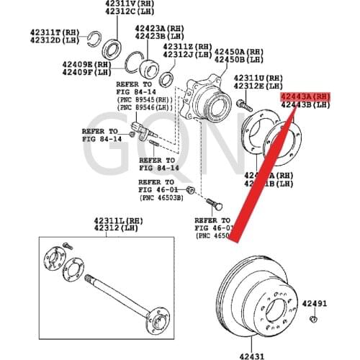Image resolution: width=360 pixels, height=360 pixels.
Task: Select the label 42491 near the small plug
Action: pos(315,305)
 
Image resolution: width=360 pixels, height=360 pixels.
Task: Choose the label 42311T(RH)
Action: pos(55,32)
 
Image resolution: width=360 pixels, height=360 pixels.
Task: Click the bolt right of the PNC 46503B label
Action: pos(189,189)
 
